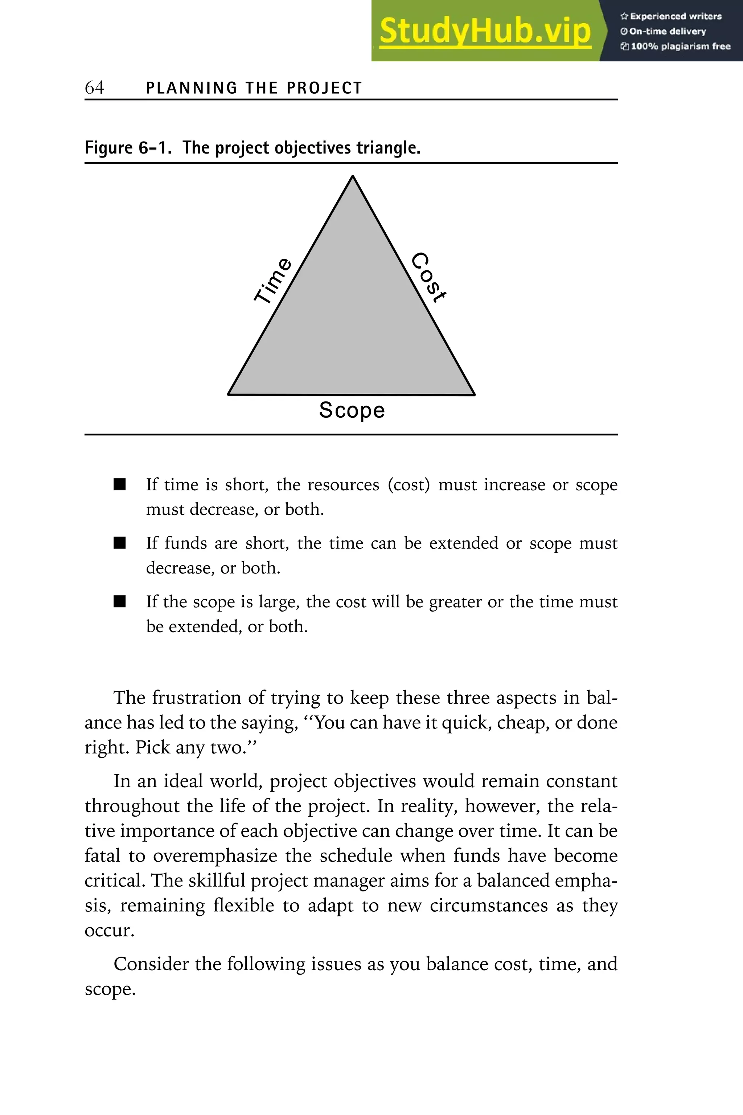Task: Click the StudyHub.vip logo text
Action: (x=485, y=31)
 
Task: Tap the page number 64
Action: (x=94, y=88)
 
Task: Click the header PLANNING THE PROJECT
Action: (x=254, y=88)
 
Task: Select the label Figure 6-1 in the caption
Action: (x=128, y=148)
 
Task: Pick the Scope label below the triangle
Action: (x=352, y=411)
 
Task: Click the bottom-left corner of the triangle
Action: (x=229, y=394)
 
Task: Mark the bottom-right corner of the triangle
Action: (x=474, y=395)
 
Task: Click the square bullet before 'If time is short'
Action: (x=119, y=485)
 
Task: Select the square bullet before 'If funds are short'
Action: (x=119, y=543)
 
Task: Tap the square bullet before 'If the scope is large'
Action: (x=119, y=601)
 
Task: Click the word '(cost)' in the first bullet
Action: (x=409, y=485)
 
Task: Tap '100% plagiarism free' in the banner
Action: (x=681, y=46)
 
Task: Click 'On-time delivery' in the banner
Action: (x=668, y=31)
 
